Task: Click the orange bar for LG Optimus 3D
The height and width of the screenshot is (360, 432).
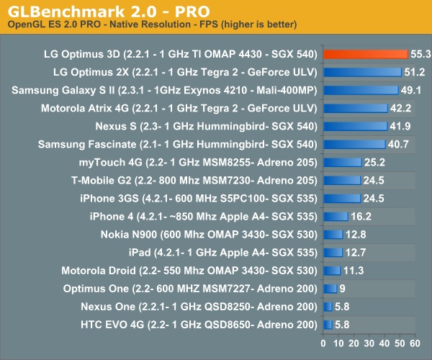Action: point(365,54)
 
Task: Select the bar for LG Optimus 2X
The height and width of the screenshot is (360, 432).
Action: point(362,72)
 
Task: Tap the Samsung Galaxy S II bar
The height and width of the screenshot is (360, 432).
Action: point(361,90)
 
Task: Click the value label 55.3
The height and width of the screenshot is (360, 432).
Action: point(420,54)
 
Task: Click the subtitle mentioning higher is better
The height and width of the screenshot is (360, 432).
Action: point(152,26)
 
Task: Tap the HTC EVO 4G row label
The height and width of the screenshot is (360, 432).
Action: point(198,324)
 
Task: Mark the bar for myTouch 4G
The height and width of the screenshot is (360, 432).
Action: point(343,162)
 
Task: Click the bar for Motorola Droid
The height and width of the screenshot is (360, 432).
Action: point(333,270)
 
